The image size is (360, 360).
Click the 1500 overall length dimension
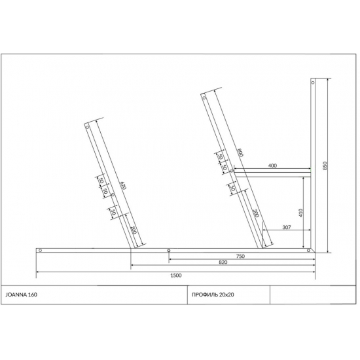[x=175, y=275]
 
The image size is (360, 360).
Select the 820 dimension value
[x=223, y=262]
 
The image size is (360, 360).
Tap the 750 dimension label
[x=240, y=256]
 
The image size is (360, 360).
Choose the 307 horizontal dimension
[x=286, y=227]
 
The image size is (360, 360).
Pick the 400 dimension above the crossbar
[x=272, y=166]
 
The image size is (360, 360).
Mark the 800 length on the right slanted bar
[x=240, y=153]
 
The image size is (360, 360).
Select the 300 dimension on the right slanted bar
[x=255, y=213]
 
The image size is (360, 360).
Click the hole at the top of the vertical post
[x=313, y=82]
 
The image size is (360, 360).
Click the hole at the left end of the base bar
[x=40, y=250]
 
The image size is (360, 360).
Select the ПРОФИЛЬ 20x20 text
[x=210, y=295]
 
